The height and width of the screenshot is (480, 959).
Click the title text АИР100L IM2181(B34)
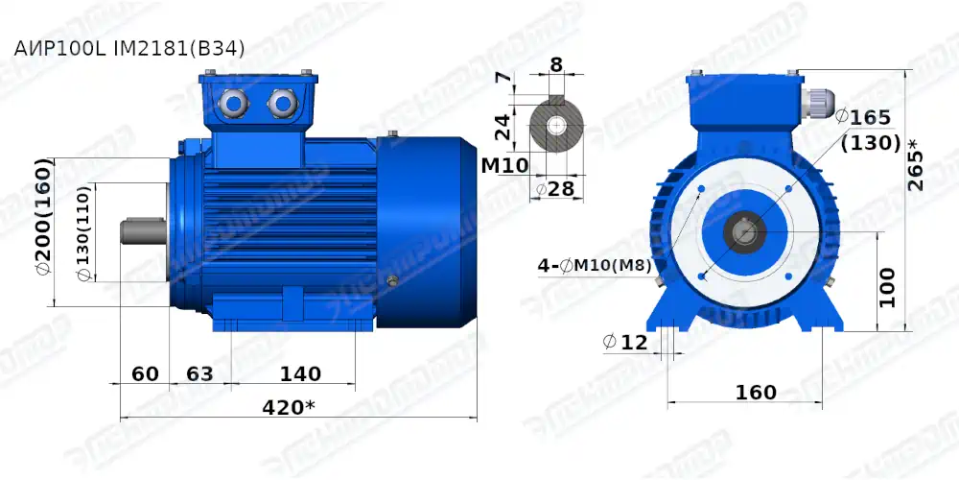click(x=123, y=47)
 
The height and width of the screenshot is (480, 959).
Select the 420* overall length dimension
click(x=288, y=407)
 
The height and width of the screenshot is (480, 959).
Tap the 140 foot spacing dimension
click(x=300, y=373)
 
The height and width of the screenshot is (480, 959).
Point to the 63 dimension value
click(x=199, y=373)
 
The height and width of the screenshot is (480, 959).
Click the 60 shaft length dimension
click(x=145, y=373)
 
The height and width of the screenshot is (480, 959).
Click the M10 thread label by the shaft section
click(x=504, y=165)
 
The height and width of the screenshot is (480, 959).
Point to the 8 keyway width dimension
click(x=556, y=66)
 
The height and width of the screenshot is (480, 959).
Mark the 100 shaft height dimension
click(x=888, y=286)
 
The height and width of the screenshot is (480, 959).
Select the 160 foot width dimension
click(x=756, y=393)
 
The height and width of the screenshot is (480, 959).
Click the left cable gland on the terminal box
click(x=234, y=101)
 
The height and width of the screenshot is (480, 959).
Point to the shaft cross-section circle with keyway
click(x=557, y=126)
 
